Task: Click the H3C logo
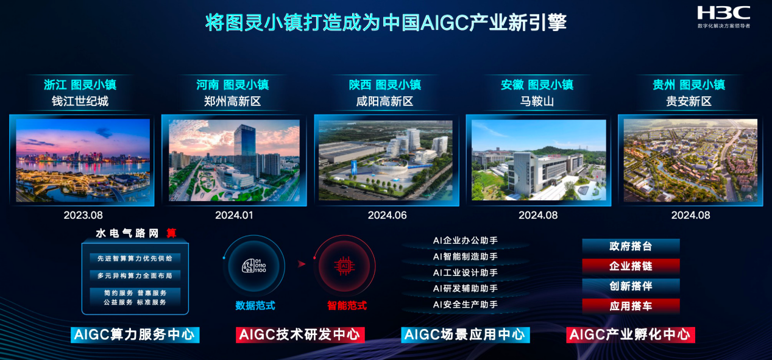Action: tap(723, 13)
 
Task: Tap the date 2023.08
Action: tap(83, 215)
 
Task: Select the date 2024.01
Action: tap(234, 215)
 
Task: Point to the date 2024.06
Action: tap(387, 215)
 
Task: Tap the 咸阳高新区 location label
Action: tap(384, 101)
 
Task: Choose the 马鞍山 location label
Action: tap(537, 101)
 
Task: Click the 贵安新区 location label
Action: tap(689, 101)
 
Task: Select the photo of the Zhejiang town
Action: tap(82, 160)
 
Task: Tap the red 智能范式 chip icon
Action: tap(344, 265)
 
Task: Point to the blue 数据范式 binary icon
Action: tap(255, 265)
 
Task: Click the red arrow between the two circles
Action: tap(301, 264)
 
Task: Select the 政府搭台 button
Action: tap(631, 246)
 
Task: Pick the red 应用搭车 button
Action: tap(631, 306)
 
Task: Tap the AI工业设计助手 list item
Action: tap(465, 272)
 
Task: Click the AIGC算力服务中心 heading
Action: tap(135, 334)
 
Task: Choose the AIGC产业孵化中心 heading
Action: tap(631, 334)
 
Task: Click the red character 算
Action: tap(171, 233)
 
